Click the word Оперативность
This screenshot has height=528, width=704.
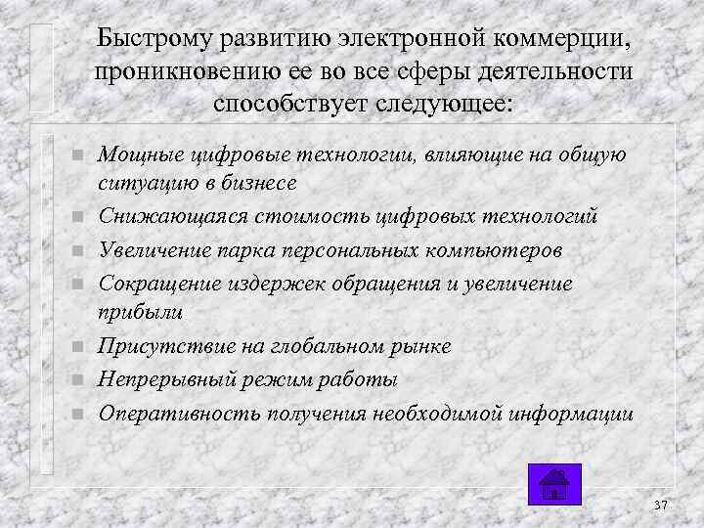click(x=171, y=412)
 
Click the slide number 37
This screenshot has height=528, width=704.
click(x=660, y=505)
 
